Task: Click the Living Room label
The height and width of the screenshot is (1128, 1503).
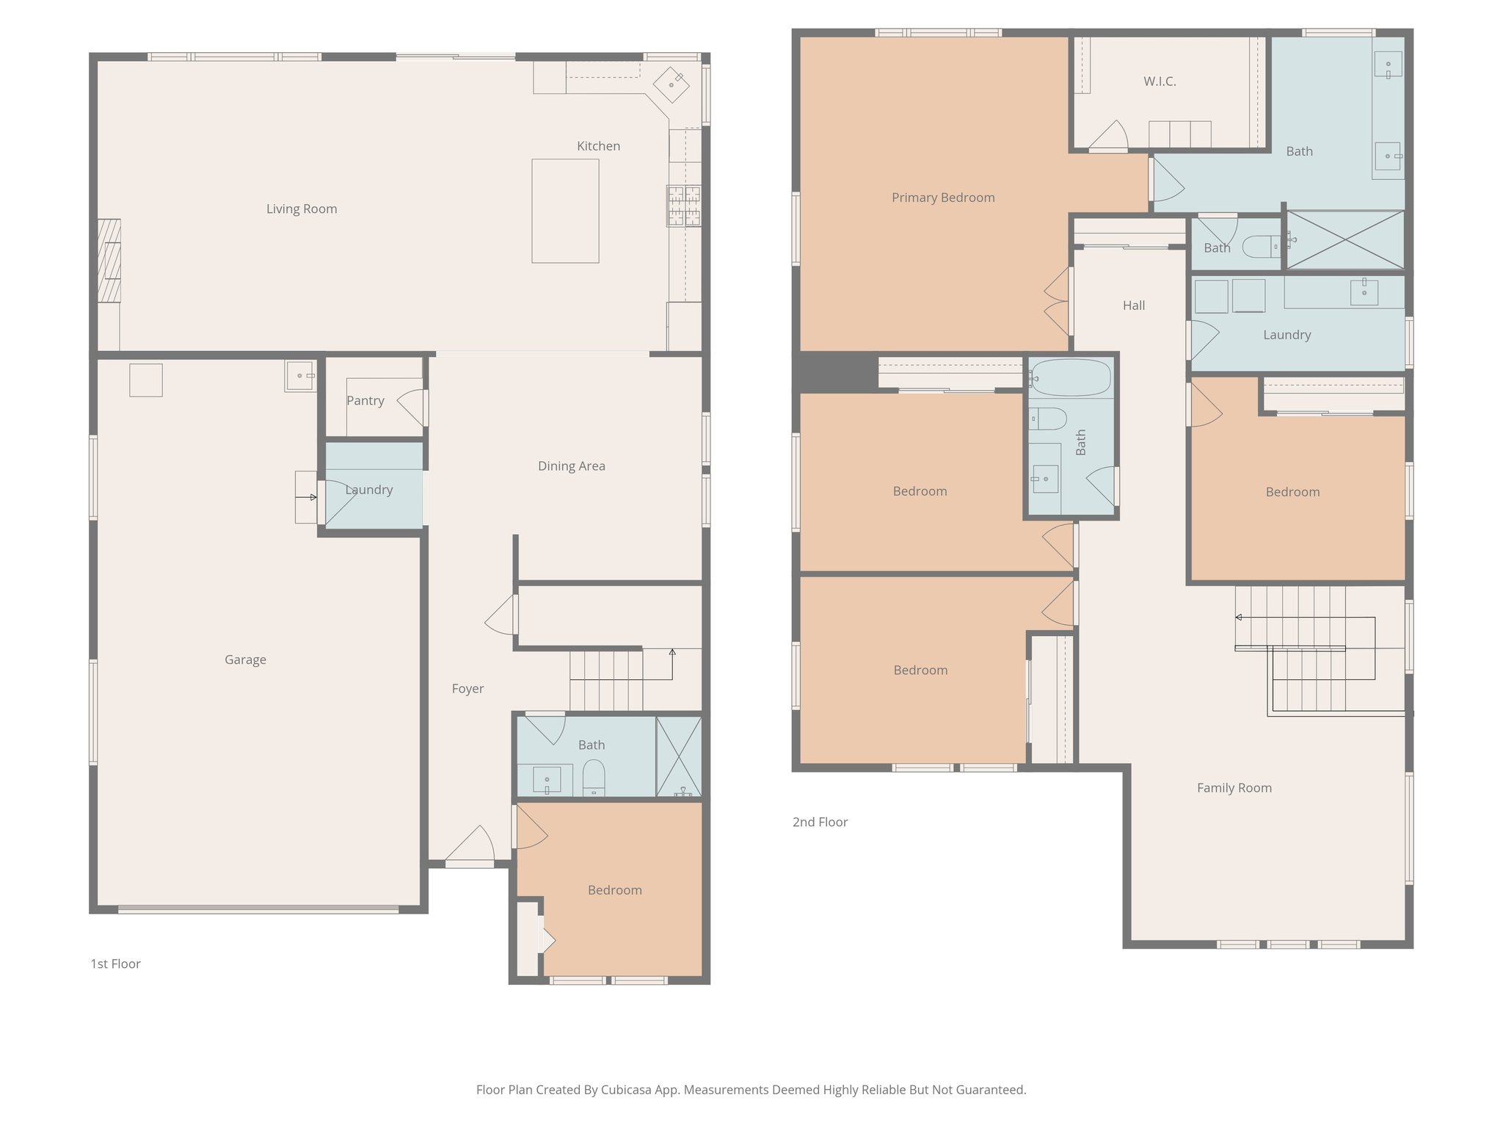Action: [x=302, y=209]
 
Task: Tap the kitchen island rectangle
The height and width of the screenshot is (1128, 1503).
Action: [x=565, y=211]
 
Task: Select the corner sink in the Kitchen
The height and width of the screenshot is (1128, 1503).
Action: [x=672, y=84]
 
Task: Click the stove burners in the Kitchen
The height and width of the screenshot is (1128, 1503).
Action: [x=683, y=206]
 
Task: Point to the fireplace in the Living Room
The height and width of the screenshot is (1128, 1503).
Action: [x=109, y=261]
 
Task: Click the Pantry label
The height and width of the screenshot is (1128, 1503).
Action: [x=365, y=401]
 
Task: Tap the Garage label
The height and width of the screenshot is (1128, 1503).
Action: [x=245, y=660]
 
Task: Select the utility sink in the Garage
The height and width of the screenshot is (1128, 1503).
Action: [x=300, y=376]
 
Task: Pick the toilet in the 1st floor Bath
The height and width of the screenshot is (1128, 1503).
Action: [x=594, y=777]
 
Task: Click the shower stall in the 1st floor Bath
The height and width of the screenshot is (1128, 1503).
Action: [x=679, y=756]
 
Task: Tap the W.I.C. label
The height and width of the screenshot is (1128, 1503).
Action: [x=1160, y=82]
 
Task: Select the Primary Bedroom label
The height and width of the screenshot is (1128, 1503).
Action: [x=943, y=198]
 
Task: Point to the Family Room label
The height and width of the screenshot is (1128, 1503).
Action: [x=1234, y=788]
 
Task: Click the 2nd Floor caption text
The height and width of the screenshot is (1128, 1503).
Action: [x=820, y=822]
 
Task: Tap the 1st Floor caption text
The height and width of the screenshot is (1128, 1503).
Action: [x=115, y=964]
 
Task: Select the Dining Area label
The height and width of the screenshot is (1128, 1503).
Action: [x=572, y=466]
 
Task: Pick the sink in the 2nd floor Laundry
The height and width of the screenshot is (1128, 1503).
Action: [x=1364, y=292]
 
